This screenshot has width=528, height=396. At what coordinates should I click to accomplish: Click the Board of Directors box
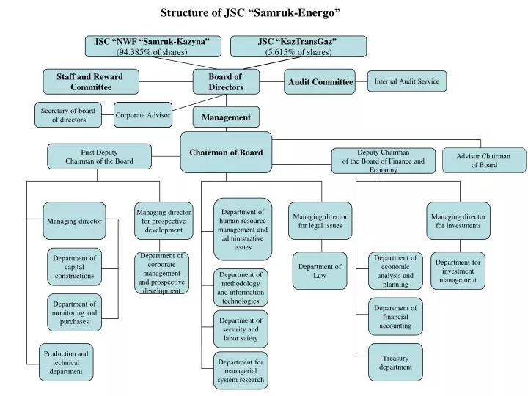click(226, 82)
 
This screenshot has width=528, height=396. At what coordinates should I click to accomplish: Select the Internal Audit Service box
click(407, 81)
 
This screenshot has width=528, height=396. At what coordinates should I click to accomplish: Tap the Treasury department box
click(395, 362)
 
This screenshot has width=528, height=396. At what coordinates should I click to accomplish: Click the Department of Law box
click(320, 271)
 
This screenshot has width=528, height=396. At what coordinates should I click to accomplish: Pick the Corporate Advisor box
click(143, 115)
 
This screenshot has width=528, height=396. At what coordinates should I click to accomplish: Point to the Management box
click(226, 117)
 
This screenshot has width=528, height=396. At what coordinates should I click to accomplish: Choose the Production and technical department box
click(66, 362)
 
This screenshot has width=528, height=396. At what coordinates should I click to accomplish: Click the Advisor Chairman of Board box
click(484, 161)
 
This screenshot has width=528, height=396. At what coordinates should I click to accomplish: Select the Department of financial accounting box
click(395, 317)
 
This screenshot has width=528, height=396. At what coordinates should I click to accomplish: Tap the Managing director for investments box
click(458, 221)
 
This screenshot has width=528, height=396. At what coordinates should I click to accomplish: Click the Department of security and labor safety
click(241, 329)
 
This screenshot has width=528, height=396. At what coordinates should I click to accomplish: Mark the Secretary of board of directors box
click(68, 115)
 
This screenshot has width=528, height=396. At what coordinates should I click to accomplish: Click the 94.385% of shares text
click(152, 52)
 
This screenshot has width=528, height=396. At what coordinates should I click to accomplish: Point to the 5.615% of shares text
click(298, 52)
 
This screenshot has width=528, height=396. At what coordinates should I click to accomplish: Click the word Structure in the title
click(185, 12)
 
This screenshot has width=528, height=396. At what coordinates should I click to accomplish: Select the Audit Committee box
click(320, 82)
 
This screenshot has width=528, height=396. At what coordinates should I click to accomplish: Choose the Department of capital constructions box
click(74, 267)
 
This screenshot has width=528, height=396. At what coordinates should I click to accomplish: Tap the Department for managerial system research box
click(241, 371)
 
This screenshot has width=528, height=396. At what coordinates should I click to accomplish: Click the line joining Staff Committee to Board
click(166, 81)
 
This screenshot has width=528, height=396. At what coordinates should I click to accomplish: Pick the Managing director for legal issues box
click(320, 221)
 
